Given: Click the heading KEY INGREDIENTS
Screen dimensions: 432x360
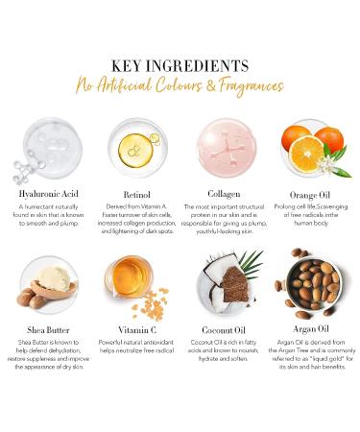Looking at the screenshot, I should tap(180, 66).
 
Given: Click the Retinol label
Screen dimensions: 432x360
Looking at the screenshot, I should tap(135, 194).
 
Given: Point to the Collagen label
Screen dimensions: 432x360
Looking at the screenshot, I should tap(224, 194).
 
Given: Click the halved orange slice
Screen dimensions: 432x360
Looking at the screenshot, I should tap(305, 154).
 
